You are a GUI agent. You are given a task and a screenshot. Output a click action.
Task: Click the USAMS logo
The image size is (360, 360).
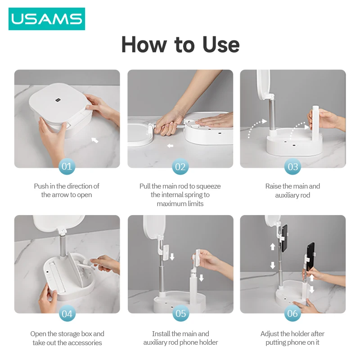(47, 19)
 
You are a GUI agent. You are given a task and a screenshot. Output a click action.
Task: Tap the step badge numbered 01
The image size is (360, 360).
(67, 167)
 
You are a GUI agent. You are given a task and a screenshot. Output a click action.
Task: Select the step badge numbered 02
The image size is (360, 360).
(180, 167)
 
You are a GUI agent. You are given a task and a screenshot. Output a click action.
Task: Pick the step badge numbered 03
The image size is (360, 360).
(293, 167)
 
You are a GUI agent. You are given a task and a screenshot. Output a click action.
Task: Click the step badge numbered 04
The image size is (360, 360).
(67, 313)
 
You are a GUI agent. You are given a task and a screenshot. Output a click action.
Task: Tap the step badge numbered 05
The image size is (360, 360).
(180, 313)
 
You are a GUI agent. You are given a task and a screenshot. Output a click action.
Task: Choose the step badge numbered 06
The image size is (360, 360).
(293, 313)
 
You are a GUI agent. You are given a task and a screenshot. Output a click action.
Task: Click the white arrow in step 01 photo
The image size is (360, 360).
(94, 140)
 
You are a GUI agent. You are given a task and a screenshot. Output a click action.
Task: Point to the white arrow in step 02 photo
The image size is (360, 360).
(170, 146)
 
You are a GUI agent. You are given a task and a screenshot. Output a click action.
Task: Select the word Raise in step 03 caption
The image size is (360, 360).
(274, 186)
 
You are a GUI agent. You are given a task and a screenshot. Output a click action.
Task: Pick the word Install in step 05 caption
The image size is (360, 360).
(162, 334)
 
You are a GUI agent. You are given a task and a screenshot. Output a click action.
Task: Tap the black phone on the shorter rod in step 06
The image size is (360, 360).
(310, 256)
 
